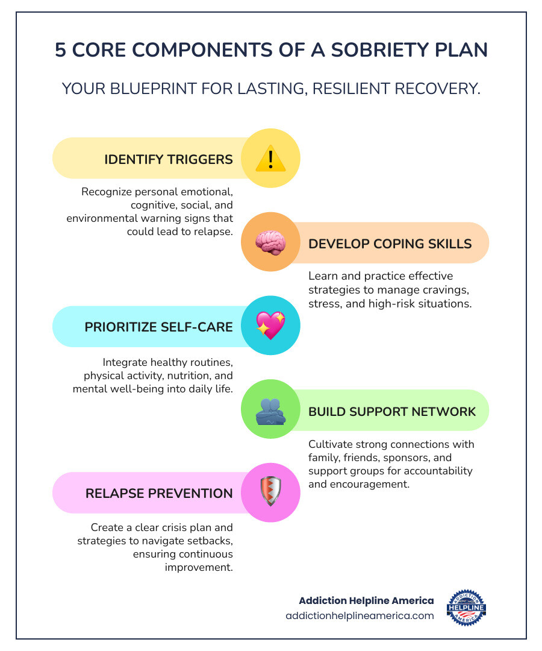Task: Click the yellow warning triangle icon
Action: tap(270, 159)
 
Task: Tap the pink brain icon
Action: tap(270, 243)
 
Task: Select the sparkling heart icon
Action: tap(270, 326)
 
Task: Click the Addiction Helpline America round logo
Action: tap(467, 608)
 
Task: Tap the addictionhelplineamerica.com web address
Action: tap(360, 615)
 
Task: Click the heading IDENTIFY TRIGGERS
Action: tap(169, 159)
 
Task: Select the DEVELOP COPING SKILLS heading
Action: tap(390, 244)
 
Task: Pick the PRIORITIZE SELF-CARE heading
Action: tap(158, 327)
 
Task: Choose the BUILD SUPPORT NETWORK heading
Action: tap(392, 412)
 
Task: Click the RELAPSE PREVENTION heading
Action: tap(159, 493)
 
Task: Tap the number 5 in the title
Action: tap(60, 50)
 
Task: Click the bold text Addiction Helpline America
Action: tap(366, 600)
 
